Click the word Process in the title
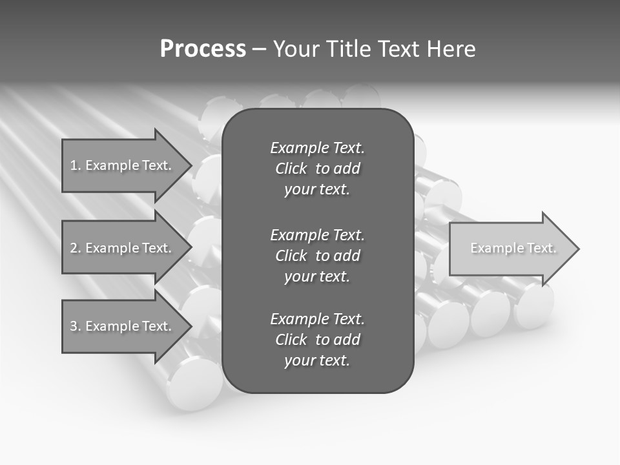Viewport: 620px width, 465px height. tap(203, 49)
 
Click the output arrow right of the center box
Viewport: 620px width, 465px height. tap(510, 248)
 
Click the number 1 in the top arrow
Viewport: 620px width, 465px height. tap(74, 165)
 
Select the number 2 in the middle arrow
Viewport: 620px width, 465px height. tap(74, 248)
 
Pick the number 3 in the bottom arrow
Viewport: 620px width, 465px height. tap(74, 326)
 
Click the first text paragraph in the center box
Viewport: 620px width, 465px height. tap(317, 169)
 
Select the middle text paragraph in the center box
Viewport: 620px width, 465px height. tap(317, 256)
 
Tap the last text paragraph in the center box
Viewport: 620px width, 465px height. tap(317, 340)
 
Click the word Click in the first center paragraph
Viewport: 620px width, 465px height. tap(291, 169)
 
